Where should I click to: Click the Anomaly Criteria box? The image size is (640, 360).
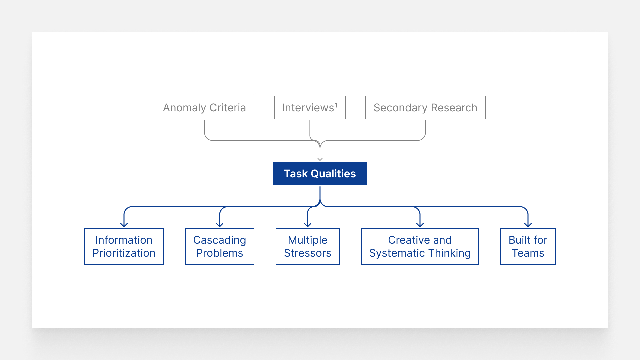click(204, 107)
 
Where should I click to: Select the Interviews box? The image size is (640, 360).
click(310, 107)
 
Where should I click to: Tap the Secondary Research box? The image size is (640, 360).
click(425, 107)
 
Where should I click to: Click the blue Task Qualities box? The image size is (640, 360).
click(320, 173)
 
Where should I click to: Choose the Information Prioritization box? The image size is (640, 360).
click(124, 246)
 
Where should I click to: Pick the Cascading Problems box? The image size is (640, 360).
click(220, 246)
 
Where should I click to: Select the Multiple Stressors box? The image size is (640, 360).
click(308, 246)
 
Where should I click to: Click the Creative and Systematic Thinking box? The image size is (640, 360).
click(420, 246)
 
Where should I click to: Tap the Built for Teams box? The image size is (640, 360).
click(528, 246)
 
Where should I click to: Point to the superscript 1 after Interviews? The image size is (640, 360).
click(336, 105)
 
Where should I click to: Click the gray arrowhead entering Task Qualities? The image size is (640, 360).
click(320, 159)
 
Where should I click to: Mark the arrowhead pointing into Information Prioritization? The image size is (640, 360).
click(124, 225)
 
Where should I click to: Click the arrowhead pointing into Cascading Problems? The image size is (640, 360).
click(220, 225)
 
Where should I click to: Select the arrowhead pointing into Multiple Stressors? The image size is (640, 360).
click(308, 225)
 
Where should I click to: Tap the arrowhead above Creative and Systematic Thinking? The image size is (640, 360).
click(420, 225)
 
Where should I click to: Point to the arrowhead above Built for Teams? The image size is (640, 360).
click(528, 225)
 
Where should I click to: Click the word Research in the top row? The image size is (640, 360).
click(454, 108)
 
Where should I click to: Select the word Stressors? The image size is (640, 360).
click(308, 253)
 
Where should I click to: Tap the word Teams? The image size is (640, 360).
click(528, 253)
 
